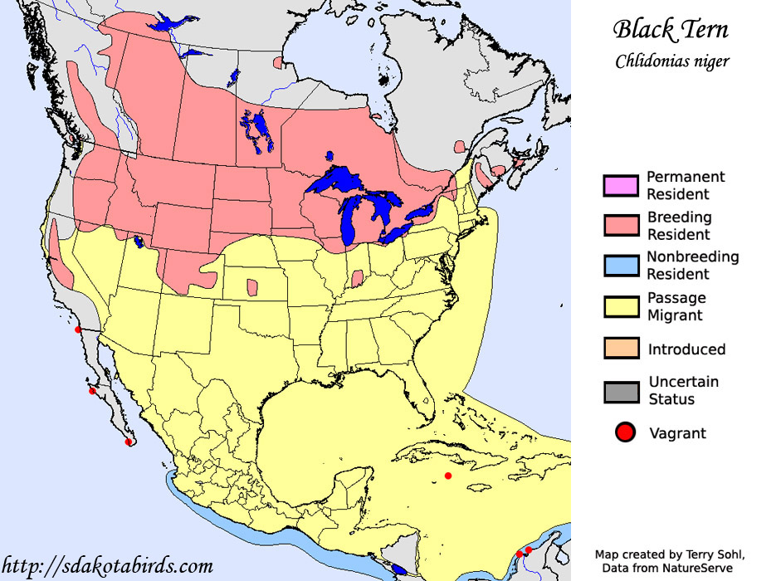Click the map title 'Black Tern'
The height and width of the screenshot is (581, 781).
click(671, 30)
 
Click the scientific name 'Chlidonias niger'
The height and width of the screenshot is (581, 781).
click(672, 61)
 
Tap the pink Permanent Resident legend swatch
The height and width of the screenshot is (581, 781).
click(621, 185)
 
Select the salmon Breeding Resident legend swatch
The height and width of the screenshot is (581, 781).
click(621, 225)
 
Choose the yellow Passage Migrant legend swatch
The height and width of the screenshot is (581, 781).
click(621, 306)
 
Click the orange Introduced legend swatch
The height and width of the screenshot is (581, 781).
click(621, 349)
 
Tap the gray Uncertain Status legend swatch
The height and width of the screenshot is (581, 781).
click(621, 391)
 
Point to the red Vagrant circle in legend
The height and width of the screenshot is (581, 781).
click(625, 432)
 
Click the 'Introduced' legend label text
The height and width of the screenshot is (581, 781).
click(686, 349)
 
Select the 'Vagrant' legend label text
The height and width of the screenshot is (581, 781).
click(677, 433)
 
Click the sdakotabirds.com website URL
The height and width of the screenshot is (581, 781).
click(107, 567)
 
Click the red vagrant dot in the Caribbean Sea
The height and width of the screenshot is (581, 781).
click(448, 476)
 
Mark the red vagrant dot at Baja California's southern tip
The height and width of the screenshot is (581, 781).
click(128, 442)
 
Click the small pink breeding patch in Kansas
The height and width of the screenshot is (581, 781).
click(251, 288)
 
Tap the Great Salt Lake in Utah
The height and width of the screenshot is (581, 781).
click(139, 242)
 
